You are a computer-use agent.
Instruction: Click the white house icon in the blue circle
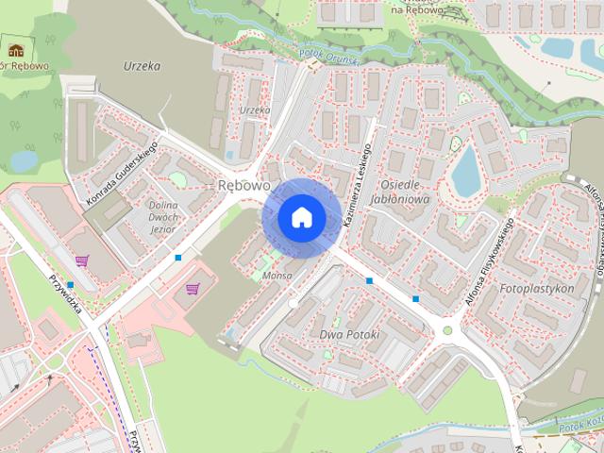click(x=301, y=218)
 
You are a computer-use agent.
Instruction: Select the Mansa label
click(x=277, y=276)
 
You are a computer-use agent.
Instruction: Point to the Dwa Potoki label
click(x=349, y=335)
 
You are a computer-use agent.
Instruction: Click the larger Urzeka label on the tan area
click(x=142, y=67)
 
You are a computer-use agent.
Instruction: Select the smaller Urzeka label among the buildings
click(x=255, y=110)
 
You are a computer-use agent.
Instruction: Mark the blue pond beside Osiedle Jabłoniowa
click(x=465, y=171)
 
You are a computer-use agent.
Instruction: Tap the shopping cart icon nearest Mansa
click(x=193, y=290)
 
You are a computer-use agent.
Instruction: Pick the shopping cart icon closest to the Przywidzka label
click(x=82, y=260)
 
